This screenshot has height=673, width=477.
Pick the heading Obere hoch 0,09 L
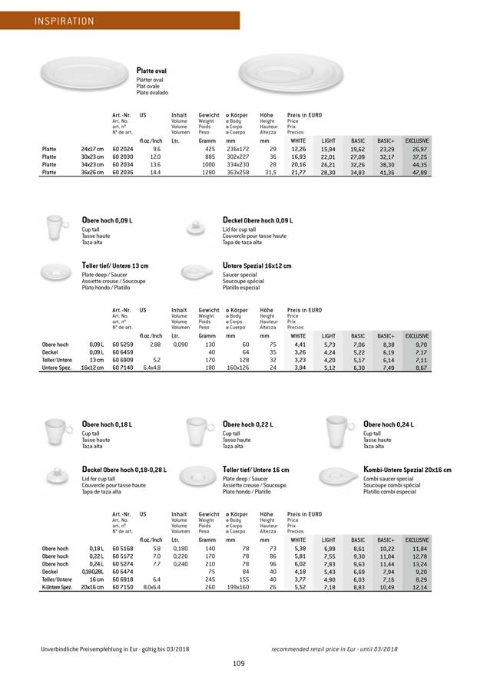tap(113, 221)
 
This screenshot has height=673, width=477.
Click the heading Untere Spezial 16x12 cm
tap(257, 266)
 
